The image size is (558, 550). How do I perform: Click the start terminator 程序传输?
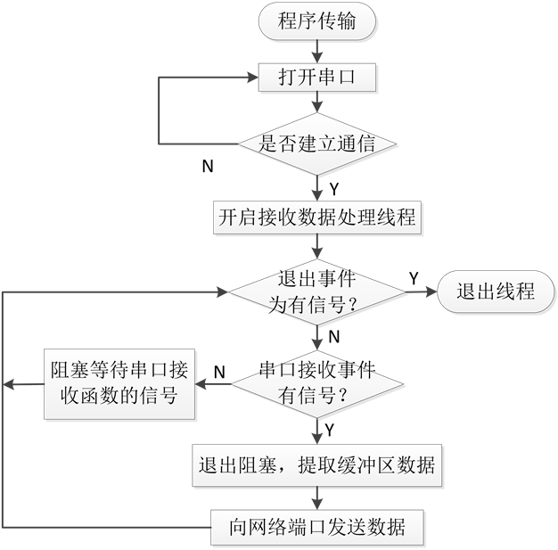(316, 21)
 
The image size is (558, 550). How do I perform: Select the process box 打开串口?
(316, 78)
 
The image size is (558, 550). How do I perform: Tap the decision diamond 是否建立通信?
(316, 144)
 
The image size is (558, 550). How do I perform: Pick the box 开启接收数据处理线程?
(316, 216)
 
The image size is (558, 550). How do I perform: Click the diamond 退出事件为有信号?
(316, 291)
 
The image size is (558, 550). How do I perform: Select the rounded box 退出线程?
(496, 291)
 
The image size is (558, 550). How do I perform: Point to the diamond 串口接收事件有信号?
(316, 384)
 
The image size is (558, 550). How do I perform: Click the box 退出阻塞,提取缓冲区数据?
(316, 464)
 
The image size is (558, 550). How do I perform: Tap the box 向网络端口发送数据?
(316, 527)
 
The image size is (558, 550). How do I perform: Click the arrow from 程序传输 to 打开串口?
(316, 52)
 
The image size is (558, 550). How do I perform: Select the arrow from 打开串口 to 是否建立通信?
(316, 103)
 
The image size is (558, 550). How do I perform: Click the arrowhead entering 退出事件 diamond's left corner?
(223, 291)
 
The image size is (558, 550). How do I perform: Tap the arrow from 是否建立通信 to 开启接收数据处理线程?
(316, 185)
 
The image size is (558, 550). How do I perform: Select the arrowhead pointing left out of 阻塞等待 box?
(9, 384)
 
